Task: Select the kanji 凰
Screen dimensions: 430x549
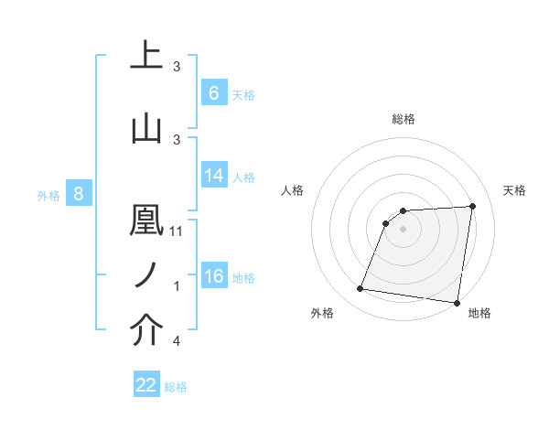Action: click(x=147, y=220)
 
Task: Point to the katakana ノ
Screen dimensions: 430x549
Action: click(x=147, y=275)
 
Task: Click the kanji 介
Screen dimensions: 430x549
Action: click(x=147, y=331)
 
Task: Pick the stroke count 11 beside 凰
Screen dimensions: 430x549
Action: click(x=177, y=231)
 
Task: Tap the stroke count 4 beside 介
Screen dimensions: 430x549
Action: click(x=176, y=342)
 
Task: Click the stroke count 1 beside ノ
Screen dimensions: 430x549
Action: click(x=176, y=287)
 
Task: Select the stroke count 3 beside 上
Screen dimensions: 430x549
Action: click(x=176, y=67)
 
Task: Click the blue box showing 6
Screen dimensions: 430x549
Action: click(x=214, y=92)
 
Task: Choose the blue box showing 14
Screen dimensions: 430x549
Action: click(x=214, y=176)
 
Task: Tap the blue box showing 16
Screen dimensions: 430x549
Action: click(x=214, y=276)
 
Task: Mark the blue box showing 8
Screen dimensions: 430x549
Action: click(x=79, y=194)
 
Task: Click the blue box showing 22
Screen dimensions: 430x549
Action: click(x=146, y=385)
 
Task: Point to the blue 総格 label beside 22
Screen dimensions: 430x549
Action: click(x=176, y=387)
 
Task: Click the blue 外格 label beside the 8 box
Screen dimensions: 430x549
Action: click(x=48, y=195)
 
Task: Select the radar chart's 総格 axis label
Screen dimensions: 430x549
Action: click(x=404, y=119)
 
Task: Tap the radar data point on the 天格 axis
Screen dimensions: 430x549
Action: click(x=472, y=206)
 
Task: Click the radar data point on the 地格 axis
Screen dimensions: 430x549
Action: click(x=456, y=303)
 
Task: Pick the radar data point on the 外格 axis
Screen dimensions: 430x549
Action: click(x=361, y=289)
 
